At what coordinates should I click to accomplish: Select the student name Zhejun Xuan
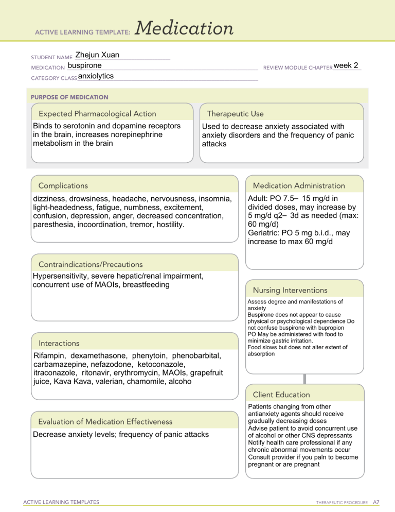(x=97, y=55)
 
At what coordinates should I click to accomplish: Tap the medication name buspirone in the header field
(x=84, y=66)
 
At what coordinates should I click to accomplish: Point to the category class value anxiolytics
(x=96, y=76)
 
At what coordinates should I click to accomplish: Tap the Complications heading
(x=60, y=186)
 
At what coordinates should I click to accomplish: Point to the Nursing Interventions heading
(x=291, y=290)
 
